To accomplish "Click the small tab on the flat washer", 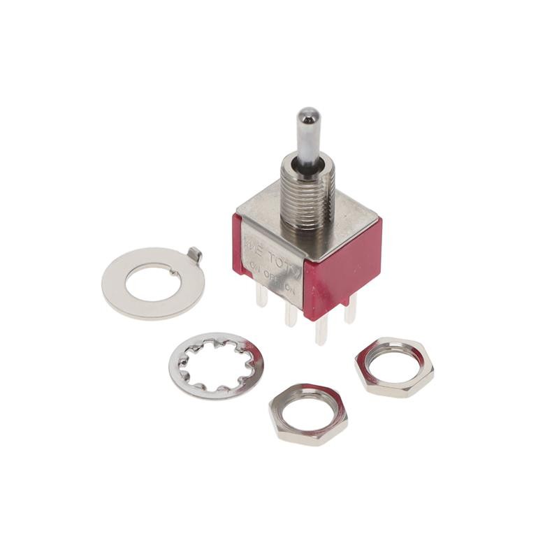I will coord(196,256).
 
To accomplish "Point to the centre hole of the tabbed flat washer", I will coord(153,283).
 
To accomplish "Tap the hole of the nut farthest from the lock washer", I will coord(394,365).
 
